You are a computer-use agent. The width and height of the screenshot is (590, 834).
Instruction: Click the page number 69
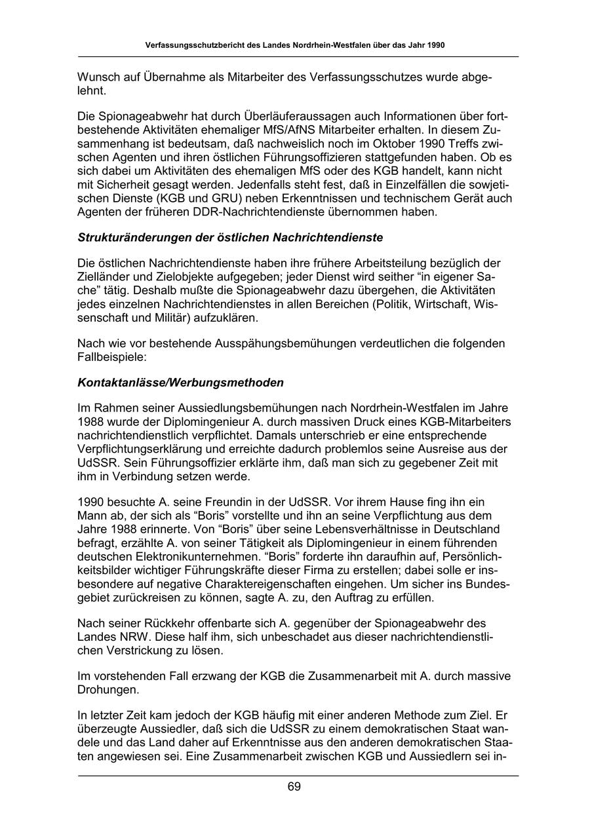pos(294,787)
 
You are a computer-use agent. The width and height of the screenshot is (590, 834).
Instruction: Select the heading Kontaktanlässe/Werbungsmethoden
pos(181,382)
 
